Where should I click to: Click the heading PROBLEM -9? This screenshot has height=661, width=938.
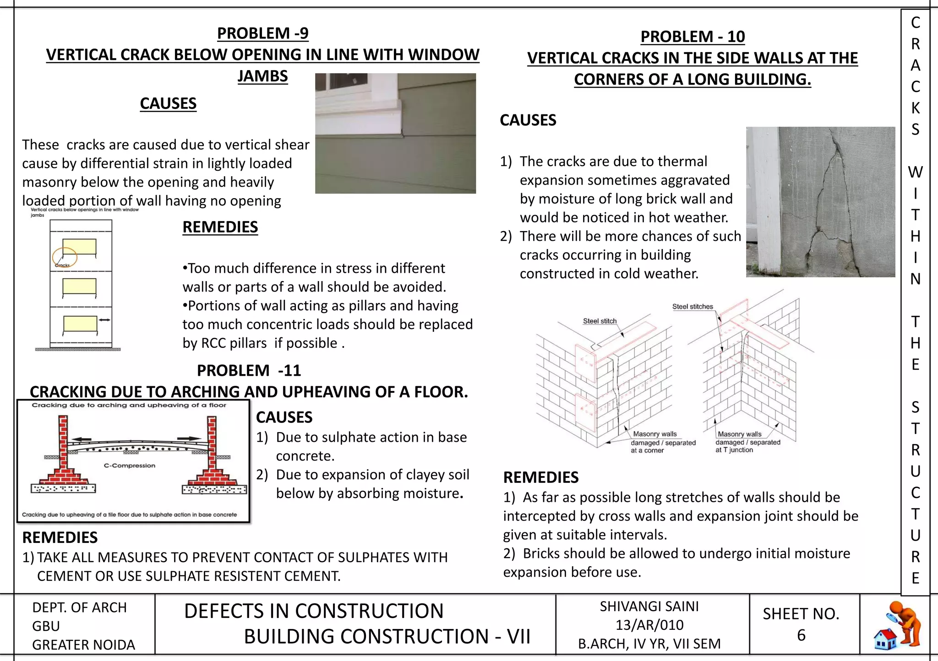pos(262,33)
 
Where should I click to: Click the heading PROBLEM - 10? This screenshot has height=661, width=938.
pos(692,37)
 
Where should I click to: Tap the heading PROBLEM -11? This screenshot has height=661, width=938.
pos(249,370)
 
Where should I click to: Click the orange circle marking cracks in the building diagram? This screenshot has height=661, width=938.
pos(65,257)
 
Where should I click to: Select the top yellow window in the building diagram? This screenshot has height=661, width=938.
pos(80,247)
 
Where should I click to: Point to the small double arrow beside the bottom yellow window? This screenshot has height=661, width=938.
pos(105,320)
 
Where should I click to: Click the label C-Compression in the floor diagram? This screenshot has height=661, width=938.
pos(130,466)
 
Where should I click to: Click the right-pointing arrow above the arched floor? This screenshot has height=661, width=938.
pos(189,439)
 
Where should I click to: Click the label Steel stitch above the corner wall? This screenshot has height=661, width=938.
pos(600,321)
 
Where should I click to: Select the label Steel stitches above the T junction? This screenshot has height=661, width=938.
pos(693,307)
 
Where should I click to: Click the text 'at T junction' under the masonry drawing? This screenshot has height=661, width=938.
pos(734,450)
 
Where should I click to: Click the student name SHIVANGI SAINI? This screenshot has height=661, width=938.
pos(649,607)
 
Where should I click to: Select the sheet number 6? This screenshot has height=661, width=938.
pos(801,635)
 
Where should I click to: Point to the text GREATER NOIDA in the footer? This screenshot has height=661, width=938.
pos(83,645)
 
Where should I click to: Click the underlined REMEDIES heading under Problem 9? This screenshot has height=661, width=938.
pos(220,227)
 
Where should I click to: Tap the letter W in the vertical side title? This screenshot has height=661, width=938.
pos(915,173)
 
